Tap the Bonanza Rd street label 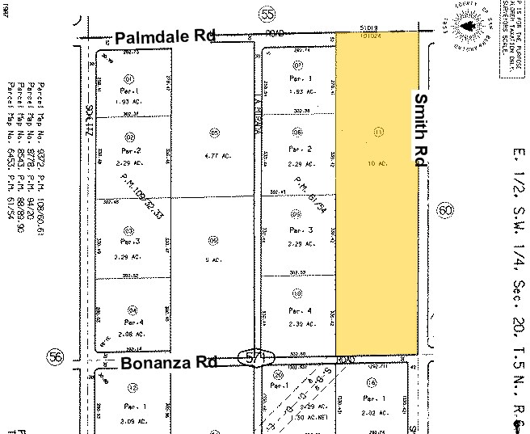[169, 363]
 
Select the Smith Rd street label [421, 129]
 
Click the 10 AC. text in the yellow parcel [378, 164]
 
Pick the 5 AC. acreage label [213, 259]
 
